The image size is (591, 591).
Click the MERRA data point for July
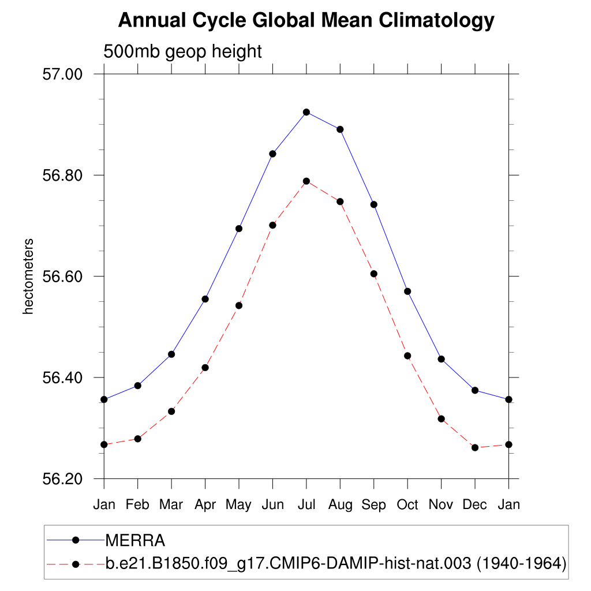click(306, 112)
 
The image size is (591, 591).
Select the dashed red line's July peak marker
click(306, 181)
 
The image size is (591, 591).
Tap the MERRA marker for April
click(205, 299)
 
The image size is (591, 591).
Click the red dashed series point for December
click(475, 447)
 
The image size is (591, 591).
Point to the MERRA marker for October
click(407, 291)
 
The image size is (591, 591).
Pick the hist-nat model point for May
click(239, 305)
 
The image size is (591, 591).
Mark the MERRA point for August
click(340, 129)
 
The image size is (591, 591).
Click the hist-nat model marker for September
click(374, 274)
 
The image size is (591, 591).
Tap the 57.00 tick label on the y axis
click(63, 74)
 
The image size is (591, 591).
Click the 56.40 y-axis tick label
click(63, 378)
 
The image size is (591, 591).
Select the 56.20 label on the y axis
click(63, 479)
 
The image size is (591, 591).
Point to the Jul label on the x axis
click(306, 504)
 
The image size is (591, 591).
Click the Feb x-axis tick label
click(137, 504)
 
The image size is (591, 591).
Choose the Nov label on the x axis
click(441, 504)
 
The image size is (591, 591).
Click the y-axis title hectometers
click(28, 276)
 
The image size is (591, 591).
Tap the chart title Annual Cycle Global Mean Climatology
click(306, 21)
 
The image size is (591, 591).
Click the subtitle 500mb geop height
click(182, 51)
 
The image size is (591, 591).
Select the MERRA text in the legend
click(135, 541)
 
